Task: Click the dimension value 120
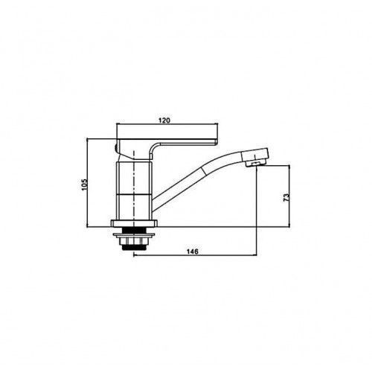pos(164,121)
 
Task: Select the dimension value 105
pos(85,185)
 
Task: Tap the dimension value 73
pos(286,197)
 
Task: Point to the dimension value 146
pos(193,251)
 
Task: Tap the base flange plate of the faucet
pos(134,223)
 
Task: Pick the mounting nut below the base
pos(134,241)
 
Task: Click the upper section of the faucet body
pos(134,177)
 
